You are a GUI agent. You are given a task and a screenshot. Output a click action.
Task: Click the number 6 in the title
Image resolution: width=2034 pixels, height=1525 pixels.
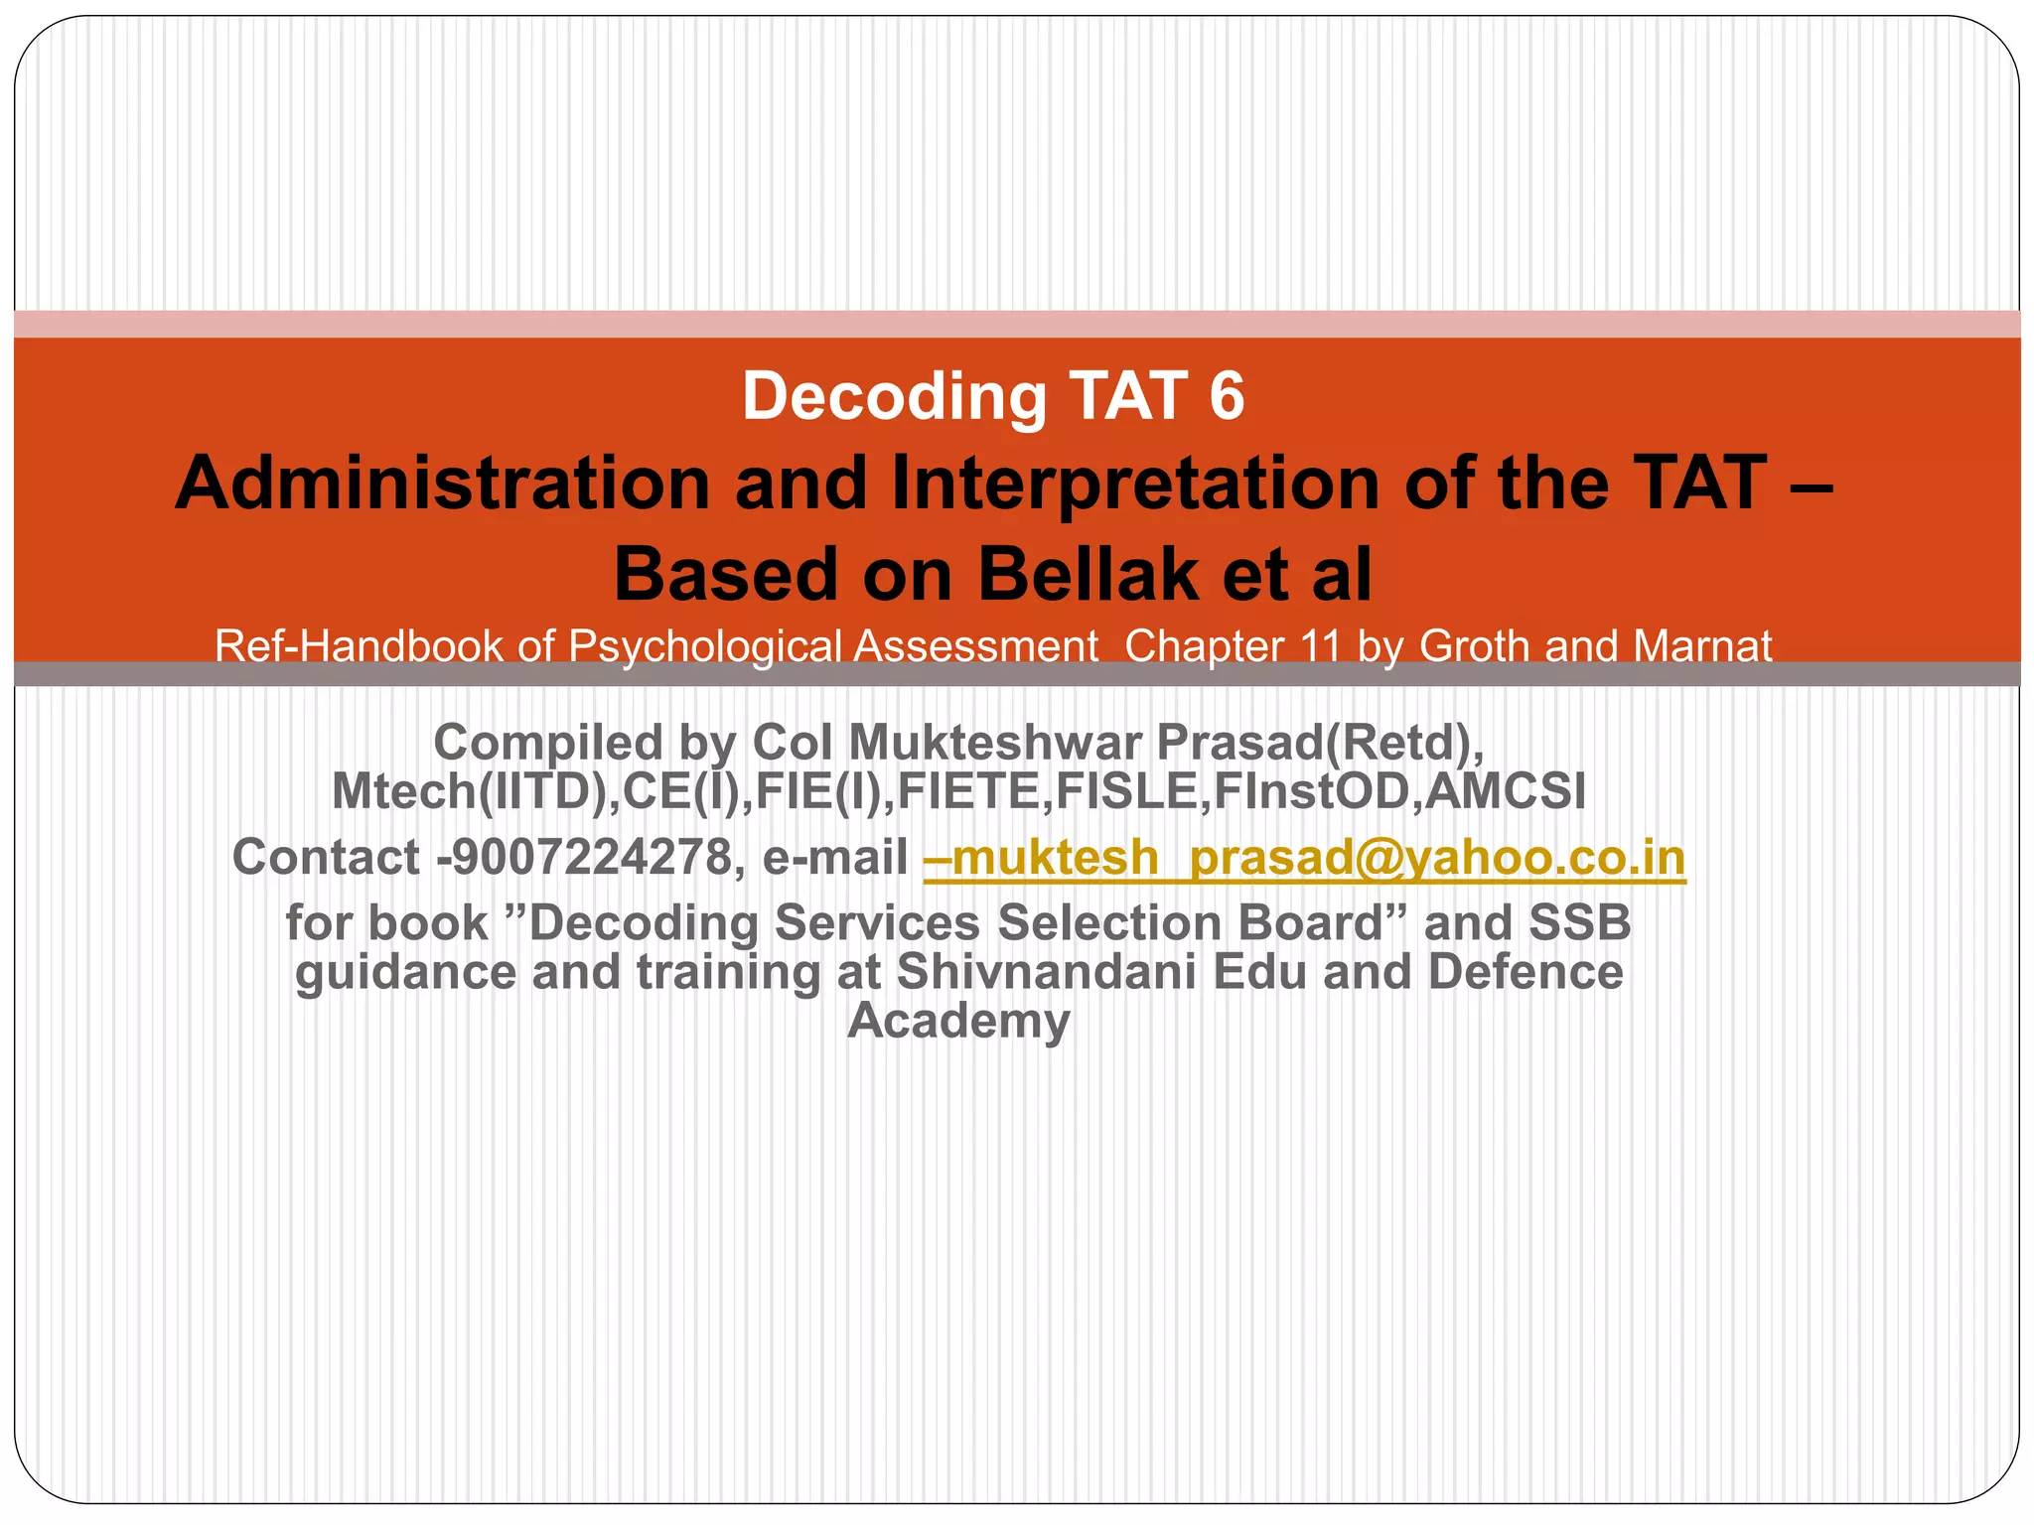1228,396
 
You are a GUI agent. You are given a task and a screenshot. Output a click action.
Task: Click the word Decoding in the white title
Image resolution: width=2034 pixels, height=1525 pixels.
894,396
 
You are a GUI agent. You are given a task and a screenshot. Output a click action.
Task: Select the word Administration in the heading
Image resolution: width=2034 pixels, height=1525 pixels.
442,484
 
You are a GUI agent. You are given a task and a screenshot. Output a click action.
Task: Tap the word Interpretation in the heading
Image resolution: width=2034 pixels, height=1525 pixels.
1134,484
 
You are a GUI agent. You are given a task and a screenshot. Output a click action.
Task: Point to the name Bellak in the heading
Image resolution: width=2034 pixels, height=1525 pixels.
1089,576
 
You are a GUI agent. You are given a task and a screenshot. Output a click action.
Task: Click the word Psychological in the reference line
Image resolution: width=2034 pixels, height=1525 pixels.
705,646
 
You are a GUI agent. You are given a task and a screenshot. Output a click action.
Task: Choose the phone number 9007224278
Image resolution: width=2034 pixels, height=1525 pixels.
592,857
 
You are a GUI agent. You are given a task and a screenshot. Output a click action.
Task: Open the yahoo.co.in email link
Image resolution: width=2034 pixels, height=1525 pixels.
1304,857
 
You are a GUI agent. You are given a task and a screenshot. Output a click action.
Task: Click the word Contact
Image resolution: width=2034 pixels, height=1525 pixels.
326,857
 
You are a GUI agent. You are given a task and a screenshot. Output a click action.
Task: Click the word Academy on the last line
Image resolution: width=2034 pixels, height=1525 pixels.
958,1020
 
